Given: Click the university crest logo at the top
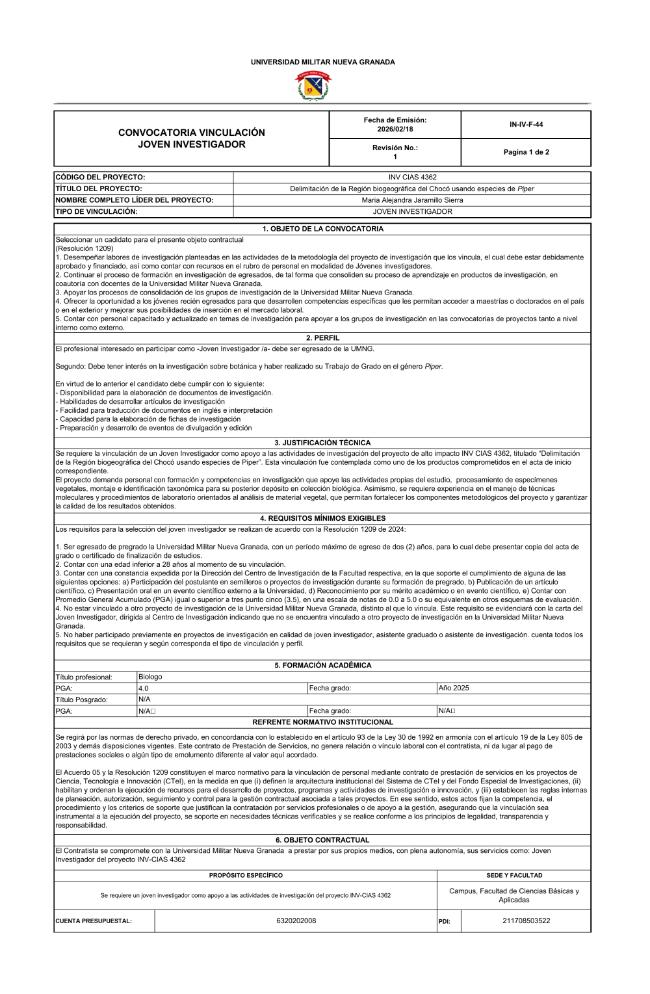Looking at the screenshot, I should (x=313, y=85).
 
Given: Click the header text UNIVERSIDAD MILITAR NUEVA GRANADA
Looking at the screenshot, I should (x=322, y=62).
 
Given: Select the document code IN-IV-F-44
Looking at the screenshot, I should (x=526, y=124).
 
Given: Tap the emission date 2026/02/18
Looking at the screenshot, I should (x=395, y=129).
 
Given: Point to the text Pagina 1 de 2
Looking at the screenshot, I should (x=526, y=152).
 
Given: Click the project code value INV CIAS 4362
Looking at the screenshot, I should (x=412, y=177).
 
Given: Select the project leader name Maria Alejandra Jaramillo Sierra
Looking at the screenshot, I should (x=412, y=200).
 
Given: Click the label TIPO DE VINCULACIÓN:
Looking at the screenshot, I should (x=96, y=212).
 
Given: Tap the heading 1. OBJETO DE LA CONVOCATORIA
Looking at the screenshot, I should (x=322, y=229).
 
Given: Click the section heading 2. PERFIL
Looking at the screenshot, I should (x=322, y=338).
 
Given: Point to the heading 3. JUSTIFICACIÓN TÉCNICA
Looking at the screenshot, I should (x=322, y=443).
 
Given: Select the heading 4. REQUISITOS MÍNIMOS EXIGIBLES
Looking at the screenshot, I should (x=322, y=518).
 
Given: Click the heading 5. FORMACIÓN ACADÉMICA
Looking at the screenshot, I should (x=322, y=666).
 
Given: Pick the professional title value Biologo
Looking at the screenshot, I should (x=150, y=677).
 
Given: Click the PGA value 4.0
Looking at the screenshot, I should (x=144, y=688).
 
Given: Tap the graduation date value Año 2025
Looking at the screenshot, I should (x=454, y=688).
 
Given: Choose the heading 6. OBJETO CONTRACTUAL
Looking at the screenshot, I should (x=322, y=840).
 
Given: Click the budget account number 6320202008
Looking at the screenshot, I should (x=296, y=921).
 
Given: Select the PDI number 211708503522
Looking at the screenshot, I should (x=526, y=921).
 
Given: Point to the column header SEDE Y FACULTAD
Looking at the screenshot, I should (x=513, y=875).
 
